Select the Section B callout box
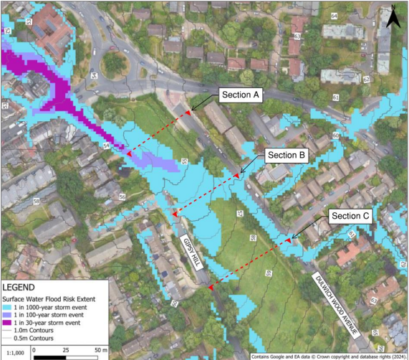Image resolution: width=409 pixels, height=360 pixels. [x=287, y=155]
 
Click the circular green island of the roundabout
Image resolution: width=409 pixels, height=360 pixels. [x=114, y=65]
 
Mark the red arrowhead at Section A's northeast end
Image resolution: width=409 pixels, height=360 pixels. [x=188, y=113]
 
